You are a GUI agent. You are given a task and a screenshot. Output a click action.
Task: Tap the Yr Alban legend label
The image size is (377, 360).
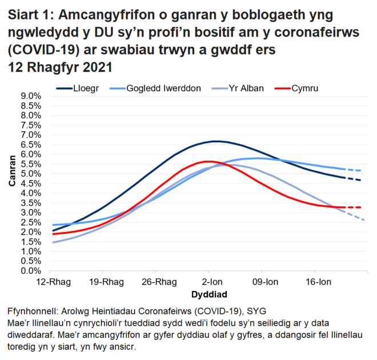click(245, 88)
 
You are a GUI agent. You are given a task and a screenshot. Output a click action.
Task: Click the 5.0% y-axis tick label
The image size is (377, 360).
click(30, 174)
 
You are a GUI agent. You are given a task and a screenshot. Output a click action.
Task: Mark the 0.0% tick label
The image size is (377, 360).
click(30, 271)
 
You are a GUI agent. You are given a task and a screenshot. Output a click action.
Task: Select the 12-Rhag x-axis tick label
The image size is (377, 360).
click(50, 282)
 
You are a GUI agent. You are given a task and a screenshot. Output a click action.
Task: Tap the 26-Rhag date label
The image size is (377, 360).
click(156, 282)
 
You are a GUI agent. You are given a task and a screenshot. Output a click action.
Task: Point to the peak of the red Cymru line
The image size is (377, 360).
click(208, 161)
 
